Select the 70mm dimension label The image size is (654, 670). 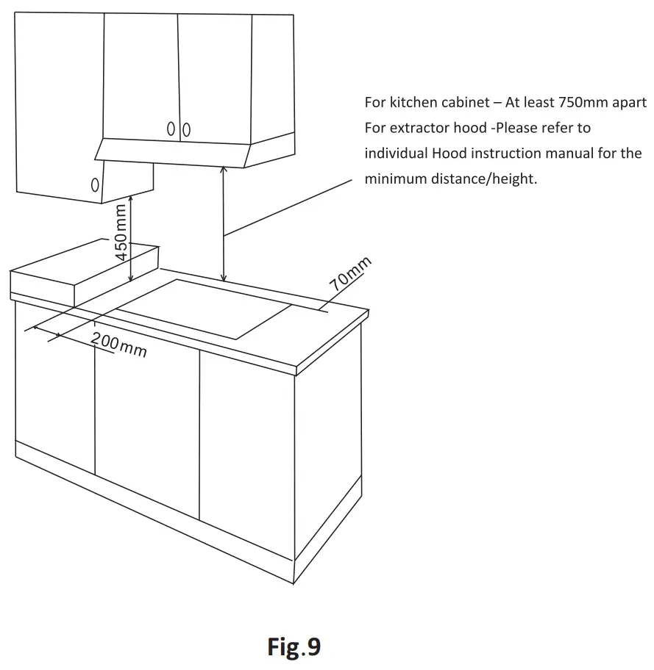click(351, 275)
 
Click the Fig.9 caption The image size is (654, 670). click(294, 646)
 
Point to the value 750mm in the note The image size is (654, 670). click(583, 102)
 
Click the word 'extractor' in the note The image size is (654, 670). click(422, 128)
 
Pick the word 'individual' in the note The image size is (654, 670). click(395, 154)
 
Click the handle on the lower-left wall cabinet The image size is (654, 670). click(95, 186)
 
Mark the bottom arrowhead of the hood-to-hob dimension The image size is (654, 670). click(224, 278)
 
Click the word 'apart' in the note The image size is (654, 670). click(628, 102)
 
